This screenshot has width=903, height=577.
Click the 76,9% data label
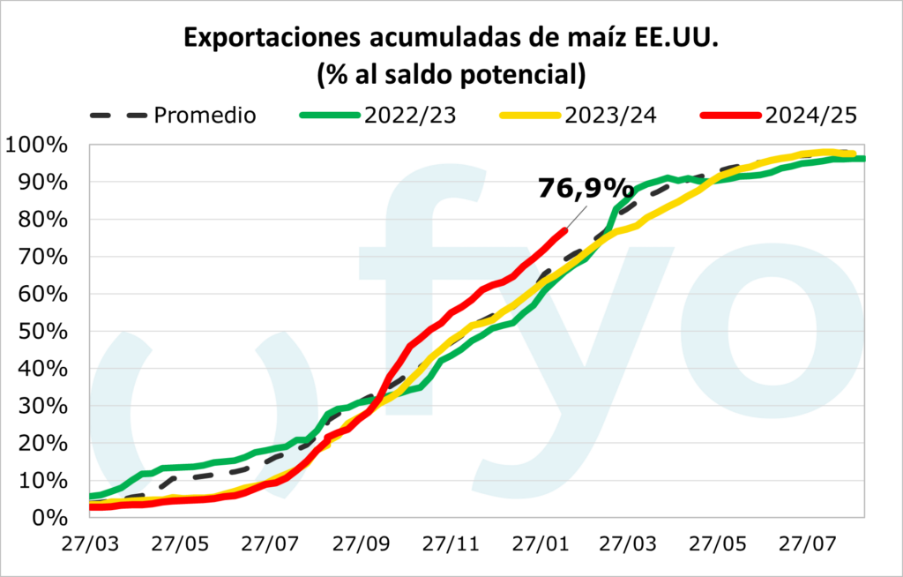[586, 189]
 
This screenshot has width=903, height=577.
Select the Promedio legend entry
[205, 115]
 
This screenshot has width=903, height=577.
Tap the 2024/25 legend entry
[812, 115]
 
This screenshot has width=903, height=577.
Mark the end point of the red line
[564, 229]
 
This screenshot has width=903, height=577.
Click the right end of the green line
[863, 159]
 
